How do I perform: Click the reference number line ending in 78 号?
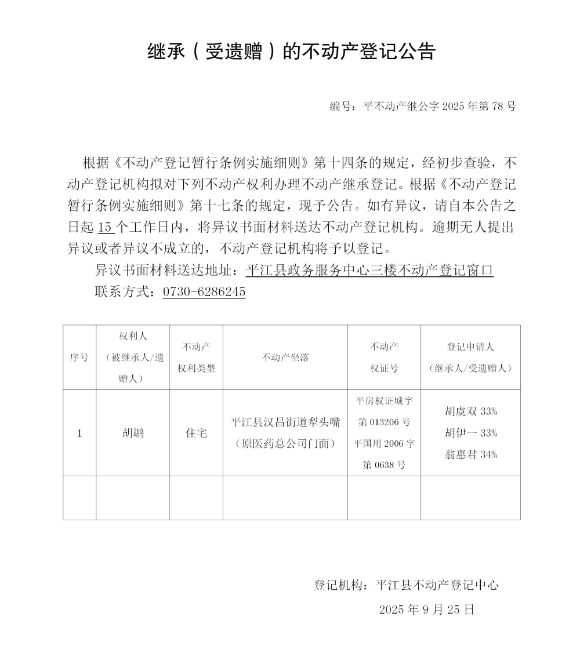(x=422, y=107)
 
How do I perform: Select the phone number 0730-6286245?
(x=204, y=292)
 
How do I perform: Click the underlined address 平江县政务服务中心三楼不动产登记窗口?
(x=369, y=271)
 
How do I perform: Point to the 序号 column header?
(x=79, y=357)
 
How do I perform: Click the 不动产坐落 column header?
(x=285, y=357)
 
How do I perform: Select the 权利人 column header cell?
(x=133, y=357)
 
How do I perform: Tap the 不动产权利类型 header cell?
(x=196, y=357)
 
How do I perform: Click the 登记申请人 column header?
(x=470, y=357)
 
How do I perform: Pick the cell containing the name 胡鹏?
(x=133, y=433)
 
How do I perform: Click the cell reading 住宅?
(x=196, y=433)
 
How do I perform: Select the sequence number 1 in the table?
(x=79, y=433)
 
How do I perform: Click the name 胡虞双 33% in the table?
(x=470, y=411)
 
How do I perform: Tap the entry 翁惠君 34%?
(x=470, y=455)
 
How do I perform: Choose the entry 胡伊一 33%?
(x=470, y=433)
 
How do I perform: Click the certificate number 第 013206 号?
(x=384, y=422)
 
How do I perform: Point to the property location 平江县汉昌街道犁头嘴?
(x=285, y=422)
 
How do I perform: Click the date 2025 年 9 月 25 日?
(x=426, y=609)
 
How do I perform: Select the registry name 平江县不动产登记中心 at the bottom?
(x=437, y=585)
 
